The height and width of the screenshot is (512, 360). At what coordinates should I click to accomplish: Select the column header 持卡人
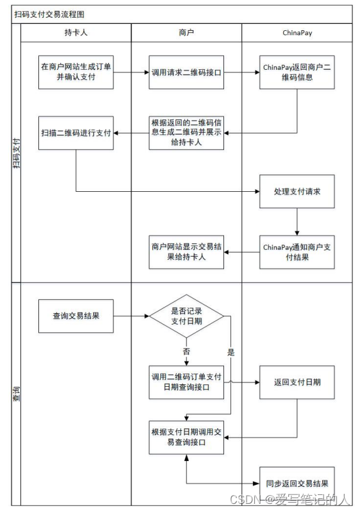76,32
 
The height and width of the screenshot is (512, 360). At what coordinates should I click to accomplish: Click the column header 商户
186,32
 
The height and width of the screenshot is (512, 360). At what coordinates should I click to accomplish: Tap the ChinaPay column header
296,32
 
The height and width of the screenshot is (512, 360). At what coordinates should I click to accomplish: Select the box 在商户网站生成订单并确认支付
76,72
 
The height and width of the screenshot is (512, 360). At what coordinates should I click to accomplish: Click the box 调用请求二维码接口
186,72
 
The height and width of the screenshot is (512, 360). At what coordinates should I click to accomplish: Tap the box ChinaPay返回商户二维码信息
296,72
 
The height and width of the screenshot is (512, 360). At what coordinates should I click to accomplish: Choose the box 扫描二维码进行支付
76,133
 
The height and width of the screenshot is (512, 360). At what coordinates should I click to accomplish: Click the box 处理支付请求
296,191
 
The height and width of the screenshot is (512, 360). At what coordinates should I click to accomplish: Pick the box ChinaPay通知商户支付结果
296,252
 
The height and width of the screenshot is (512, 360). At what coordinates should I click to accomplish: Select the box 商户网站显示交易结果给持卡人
186,252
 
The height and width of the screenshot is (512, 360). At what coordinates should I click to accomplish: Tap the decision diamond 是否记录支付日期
186,316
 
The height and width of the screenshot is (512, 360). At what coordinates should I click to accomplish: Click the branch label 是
231,353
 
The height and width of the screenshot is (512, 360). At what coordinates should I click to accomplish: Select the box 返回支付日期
296,382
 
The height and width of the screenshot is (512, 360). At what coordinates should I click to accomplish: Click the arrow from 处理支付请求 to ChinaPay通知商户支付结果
296,221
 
